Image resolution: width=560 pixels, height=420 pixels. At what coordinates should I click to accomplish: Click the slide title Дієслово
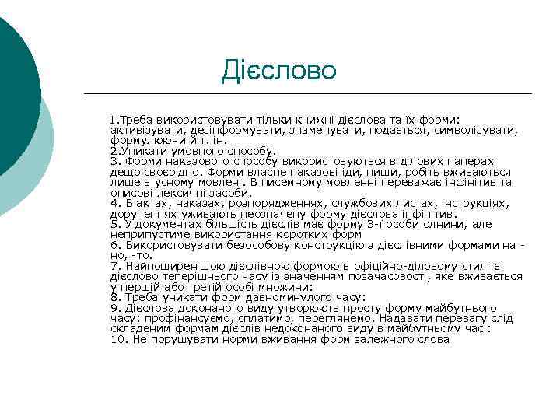[278, 70]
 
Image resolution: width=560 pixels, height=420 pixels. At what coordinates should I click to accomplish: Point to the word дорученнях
[142, 213]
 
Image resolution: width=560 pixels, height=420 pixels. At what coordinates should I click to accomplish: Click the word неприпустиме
[149, 234]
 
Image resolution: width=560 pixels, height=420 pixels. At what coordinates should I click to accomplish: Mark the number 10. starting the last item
[118, 339]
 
